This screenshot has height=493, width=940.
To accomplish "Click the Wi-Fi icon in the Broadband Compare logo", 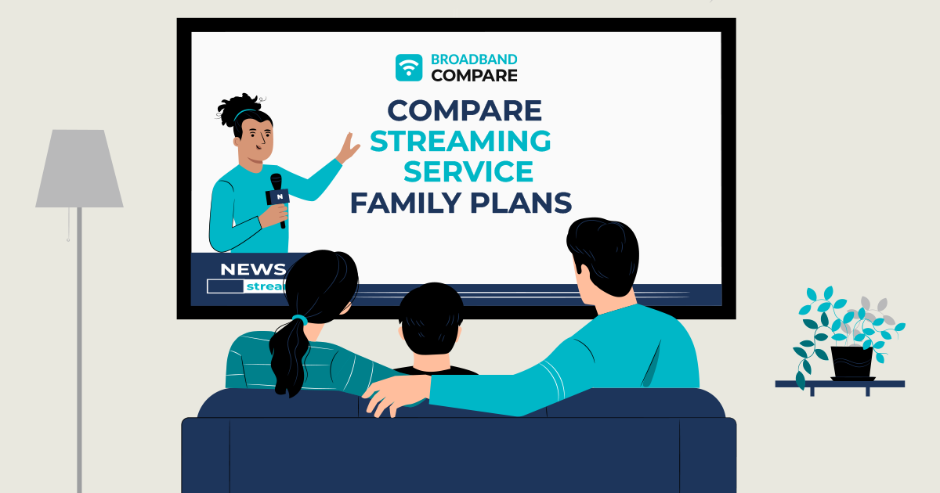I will click(x=409, y=67).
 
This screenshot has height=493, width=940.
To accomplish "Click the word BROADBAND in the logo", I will click(x=474, y=59).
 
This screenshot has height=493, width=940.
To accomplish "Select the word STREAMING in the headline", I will click(x=460, y=141).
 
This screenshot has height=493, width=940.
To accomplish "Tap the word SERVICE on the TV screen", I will click(x=463, y=171).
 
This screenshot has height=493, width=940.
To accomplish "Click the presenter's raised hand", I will click(x=346, y=147).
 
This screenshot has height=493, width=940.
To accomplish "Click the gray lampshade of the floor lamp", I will click(x=79, y=169).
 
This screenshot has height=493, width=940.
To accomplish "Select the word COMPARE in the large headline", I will click(x=465, y=110).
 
